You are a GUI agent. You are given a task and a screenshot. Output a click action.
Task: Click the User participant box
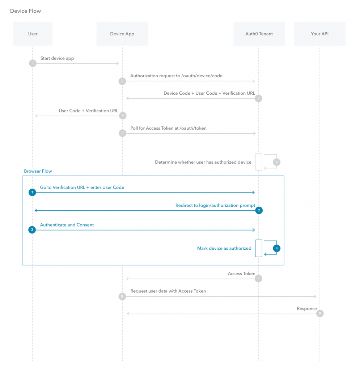[x=33, y=34]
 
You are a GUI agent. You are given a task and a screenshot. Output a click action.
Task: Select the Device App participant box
[x=122, y=34]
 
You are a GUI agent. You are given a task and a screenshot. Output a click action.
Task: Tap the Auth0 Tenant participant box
[x=259, y=34]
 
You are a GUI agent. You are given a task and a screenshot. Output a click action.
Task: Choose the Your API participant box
[x=319, y=34]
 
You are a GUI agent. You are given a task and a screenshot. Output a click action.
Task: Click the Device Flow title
[x=26, y=11]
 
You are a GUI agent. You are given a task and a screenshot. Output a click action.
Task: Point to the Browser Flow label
[x=38, y=171]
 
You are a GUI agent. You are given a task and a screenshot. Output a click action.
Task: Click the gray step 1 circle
[x=33, y=63]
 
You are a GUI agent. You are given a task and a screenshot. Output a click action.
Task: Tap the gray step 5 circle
[x=122, y=133]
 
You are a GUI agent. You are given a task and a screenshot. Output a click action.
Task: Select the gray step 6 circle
[x=277, y=162]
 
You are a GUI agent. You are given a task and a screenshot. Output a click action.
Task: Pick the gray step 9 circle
[x=320, y=313]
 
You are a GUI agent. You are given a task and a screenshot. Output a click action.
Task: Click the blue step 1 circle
[x=32, y=192]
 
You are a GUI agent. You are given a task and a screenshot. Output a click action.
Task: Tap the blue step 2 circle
[x=259, y=210]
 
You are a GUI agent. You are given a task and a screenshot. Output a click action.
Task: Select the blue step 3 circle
[x=32, y=229]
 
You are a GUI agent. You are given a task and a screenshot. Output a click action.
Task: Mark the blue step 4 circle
[x=277, y=248]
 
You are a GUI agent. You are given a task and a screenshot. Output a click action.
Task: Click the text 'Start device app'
[x=57, y=58]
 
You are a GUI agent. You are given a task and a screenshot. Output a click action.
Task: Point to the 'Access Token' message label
[x=241, y=274]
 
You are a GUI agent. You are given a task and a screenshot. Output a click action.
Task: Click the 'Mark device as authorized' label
[x=224, y=248]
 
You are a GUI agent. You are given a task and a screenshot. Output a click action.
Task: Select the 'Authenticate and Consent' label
[x=67, y=225]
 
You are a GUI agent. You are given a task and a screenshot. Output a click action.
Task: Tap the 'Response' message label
[x=306, y=309]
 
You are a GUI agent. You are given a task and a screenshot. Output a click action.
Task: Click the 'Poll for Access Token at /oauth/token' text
[x=169, y=128]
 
